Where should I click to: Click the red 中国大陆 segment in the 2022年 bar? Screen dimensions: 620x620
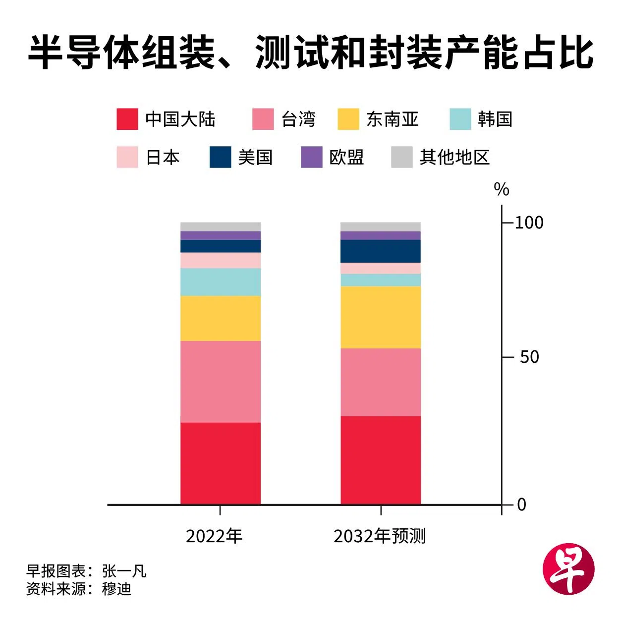pyautogui.click(x=220, y=463)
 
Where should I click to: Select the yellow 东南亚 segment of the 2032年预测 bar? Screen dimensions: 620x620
pyautogui.click(x=380, y=317)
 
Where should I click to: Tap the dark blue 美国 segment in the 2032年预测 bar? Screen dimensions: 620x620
pyautogui.click(x=380, y=251)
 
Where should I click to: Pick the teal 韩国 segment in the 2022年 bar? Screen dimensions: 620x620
pyautogui.click(x=220, y=282)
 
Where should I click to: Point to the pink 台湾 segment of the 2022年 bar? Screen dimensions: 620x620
pyautogui.click(x=220, y=381)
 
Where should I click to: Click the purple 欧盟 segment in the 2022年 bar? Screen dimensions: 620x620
pyautogui.click(x=220, y=235)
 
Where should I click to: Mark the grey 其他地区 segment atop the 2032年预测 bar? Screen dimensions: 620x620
pyautogui.click(x=380, y=226)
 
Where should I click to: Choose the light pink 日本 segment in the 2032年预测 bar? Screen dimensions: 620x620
pyautogui.click(x=380, y=268)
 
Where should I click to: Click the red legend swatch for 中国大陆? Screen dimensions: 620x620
pyautogui.click(x=127, y=119)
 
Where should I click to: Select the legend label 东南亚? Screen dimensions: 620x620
pyautogui.click(x=392, y=119)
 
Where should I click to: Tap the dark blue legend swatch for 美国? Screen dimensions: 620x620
pyautogui.click(x=220, y=157)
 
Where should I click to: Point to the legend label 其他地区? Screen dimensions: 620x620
pyautogui.click(x=454, y=157)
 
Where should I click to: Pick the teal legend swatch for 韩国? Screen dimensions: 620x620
pyautogui.click(x=460, y=119)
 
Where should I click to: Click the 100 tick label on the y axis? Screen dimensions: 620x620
pyautogui.click(x=529, y=223)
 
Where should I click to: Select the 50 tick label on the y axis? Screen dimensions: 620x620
pyautogui.click(x=529, y=357)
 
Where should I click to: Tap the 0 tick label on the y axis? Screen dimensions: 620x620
pyautogui.click(x=521, y=505)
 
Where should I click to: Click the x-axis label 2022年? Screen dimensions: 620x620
pyautogui.click(x=214, y=536)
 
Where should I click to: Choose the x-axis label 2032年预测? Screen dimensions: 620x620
pyautogui.click(x=380, y=536)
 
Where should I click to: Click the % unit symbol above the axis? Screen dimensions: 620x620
pyautogui.click(x=502, y=189)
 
